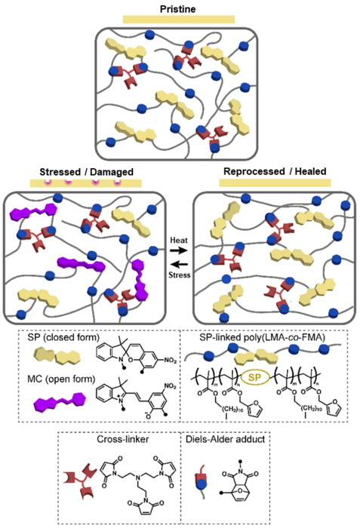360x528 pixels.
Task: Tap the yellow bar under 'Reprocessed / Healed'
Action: click(x=275, y=183)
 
